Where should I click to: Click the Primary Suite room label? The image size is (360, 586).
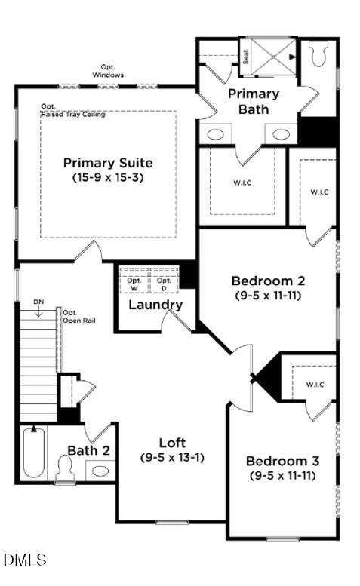coord(108,163)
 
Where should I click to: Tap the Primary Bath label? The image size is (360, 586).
coord(254,101)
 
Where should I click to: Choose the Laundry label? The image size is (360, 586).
coord(155,305)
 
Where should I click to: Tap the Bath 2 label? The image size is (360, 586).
coord(89,450)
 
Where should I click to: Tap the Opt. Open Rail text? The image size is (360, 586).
coord(74,316)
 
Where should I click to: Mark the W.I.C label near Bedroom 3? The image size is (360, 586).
coord(315,385)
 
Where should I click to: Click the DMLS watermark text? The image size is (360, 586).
coord(25,560)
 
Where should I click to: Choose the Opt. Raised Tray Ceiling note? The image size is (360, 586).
coord(72,110)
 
